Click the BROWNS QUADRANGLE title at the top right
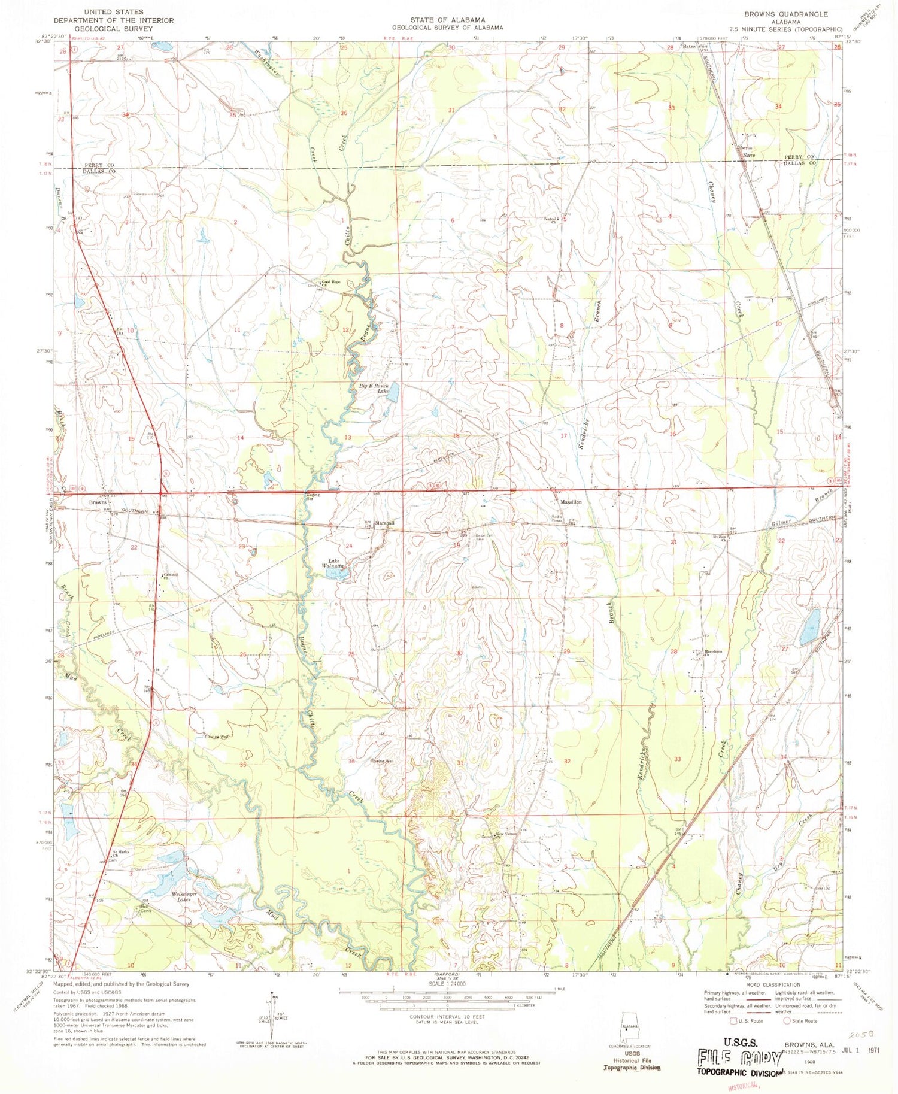(786, 14)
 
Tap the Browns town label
(98, 502)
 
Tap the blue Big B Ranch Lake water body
(393, 393)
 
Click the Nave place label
(748, 155)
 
